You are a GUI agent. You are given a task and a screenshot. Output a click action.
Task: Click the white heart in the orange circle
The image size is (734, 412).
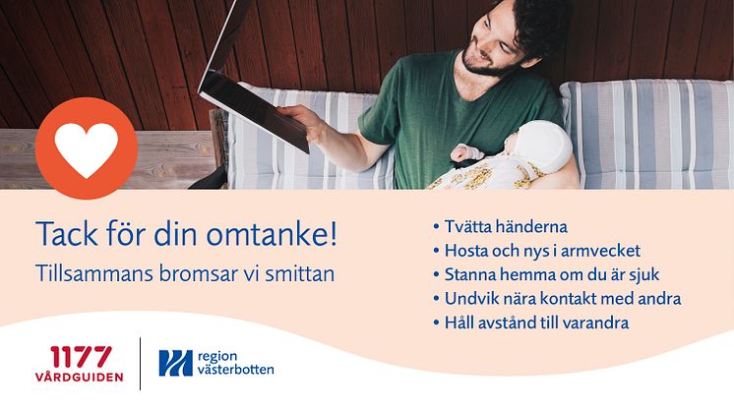click(87, 148)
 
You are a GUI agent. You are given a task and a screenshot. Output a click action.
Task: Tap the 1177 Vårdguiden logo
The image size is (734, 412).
click(79, 364)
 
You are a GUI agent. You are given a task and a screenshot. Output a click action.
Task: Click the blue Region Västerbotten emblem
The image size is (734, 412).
click(175, 363)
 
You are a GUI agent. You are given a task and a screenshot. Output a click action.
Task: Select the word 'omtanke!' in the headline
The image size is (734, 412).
click(272, 234)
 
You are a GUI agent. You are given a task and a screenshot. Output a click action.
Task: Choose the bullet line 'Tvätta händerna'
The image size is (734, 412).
click(501, 227)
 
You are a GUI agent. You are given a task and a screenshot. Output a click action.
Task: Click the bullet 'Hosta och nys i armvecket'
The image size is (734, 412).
click(537, 251)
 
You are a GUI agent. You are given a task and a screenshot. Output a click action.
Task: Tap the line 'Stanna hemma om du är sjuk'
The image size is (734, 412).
click(546, 274)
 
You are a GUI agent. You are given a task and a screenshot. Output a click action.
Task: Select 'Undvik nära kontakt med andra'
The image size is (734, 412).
click(557, 298)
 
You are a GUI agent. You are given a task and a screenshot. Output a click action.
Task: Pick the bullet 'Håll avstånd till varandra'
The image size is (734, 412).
click(531, 323)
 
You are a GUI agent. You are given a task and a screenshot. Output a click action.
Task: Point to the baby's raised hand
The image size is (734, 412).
click(466, 153)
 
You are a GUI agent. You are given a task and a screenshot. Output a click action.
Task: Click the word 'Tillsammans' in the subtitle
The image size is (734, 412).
click(94, 274)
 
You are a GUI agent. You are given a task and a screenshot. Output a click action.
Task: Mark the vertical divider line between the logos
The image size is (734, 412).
click(141, 364)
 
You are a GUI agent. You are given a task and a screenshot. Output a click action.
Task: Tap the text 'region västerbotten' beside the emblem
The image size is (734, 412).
click(235, 364)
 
